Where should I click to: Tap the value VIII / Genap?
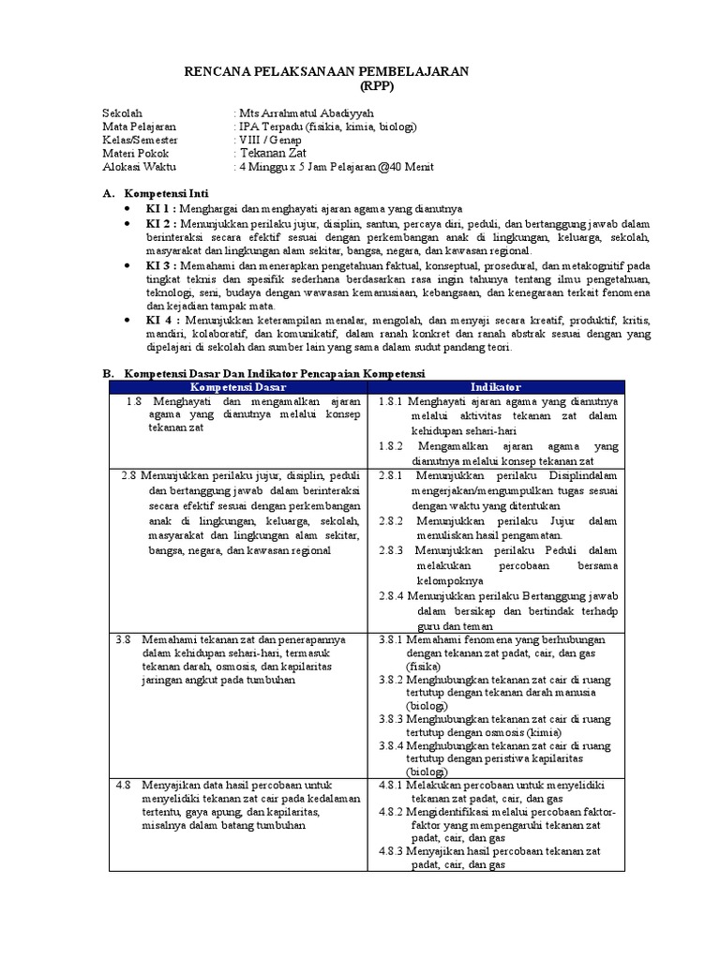click(270, 140)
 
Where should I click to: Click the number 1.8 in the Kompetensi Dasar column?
click(135, 401)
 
